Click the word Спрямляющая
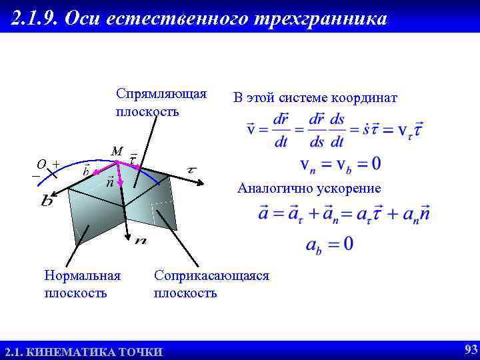coord(161,92)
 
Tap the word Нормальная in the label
coord(82,275)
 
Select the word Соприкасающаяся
coord(211,275)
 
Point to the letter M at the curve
coord(117,151)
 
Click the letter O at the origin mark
coord(41,164)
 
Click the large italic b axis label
coord(47,200)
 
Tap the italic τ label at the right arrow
coord(192,170)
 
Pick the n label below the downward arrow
coord(140,241)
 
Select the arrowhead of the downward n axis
coord(127,235)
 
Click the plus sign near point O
coord(56,163)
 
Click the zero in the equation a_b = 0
coord(348,243)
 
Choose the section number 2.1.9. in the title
coord(37,19)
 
